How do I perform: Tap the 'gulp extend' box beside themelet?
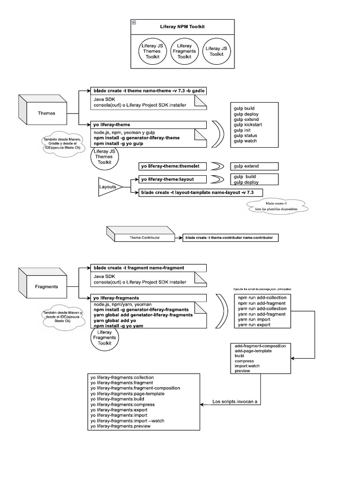(x=254, y=166)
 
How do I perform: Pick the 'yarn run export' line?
(x=254, y=324)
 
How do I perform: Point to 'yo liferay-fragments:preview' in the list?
(x=121, y=426)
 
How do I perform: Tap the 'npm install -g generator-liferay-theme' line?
(x=136, y=138)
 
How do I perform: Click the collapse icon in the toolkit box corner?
(x=134, y=22)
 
